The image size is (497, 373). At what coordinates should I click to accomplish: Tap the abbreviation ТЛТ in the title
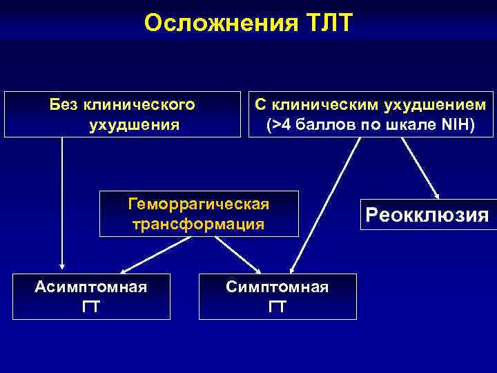327,23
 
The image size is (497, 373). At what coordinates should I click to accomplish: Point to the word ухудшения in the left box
135,126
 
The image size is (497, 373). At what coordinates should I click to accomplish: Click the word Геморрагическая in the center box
199,204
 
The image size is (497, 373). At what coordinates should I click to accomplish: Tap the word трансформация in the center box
199,224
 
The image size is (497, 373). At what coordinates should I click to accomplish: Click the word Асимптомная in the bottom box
91,286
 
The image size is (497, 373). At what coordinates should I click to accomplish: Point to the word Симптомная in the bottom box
277,286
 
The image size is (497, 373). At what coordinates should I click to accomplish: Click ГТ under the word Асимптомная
91,307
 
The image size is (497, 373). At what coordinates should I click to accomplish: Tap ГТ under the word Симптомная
277,307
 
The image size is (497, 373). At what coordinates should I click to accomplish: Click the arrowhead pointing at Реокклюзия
436,195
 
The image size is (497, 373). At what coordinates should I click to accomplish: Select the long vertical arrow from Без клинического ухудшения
62,200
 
